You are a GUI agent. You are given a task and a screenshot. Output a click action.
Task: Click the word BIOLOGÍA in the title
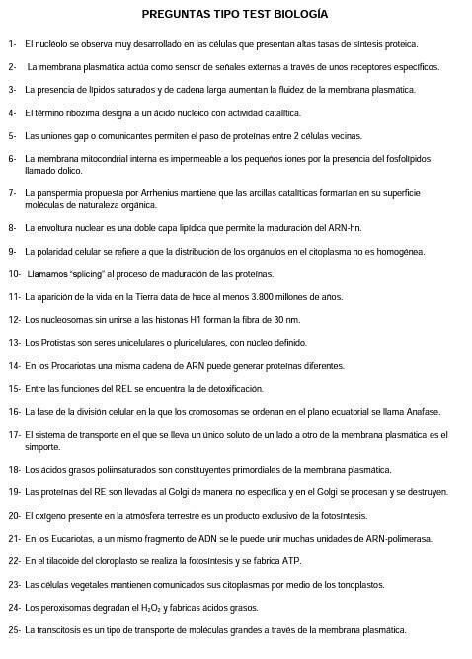click(x=303, y=15)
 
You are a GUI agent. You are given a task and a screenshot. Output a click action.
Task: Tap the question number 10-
click(x=15, y=273)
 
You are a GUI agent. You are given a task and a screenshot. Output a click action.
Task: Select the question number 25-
click(x=15, y=629)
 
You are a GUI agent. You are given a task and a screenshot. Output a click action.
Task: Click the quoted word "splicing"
click(x=89, y=273)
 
